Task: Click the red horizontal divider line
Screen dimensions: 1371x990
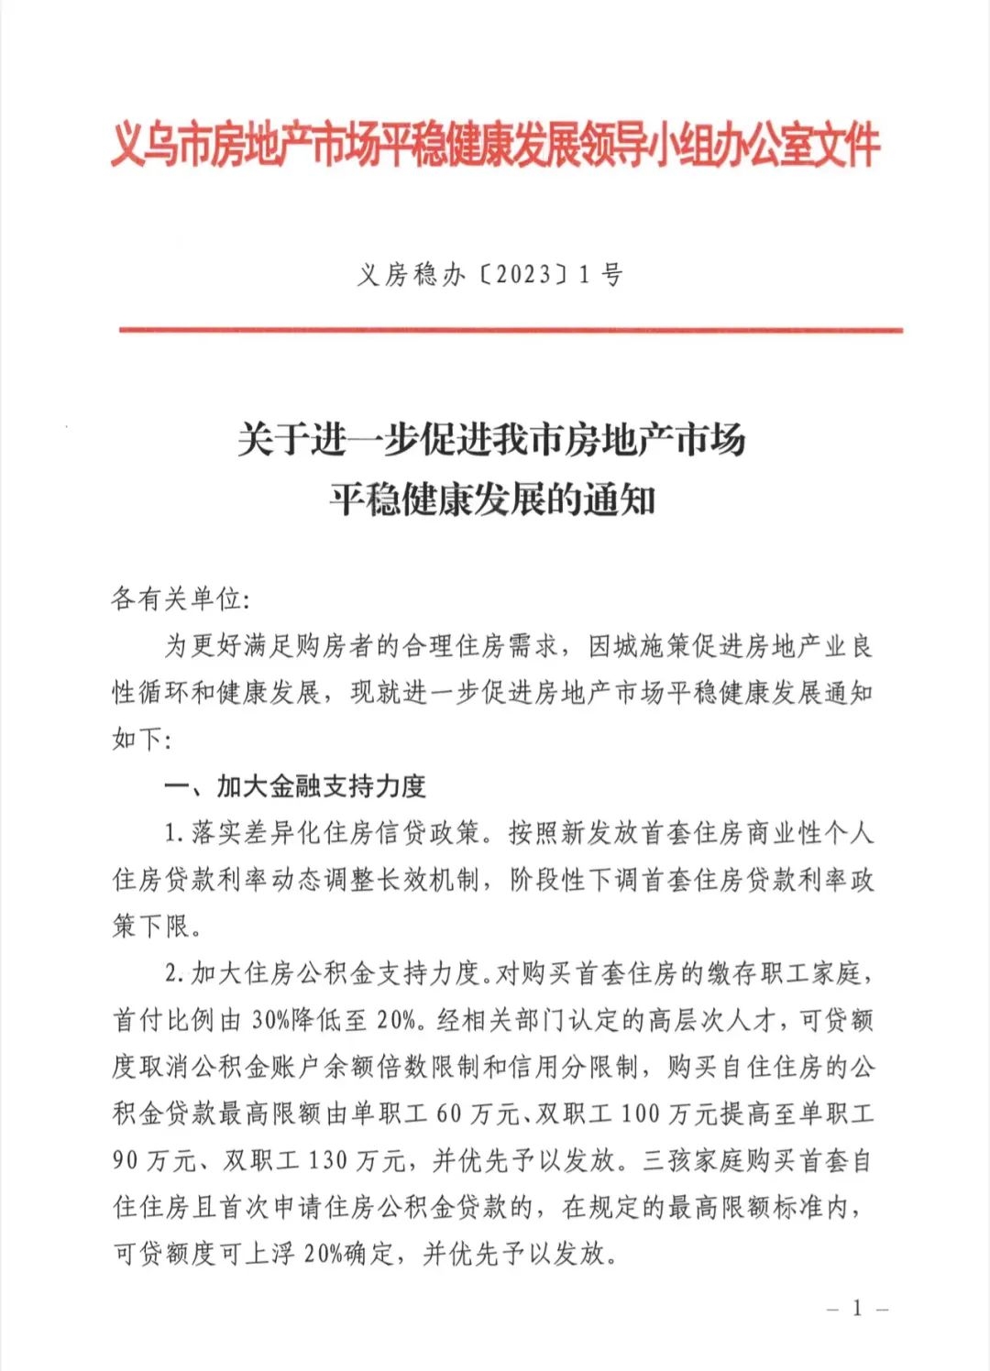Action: pos(511,330)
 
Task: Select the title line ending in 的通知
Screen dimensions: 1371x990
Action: pos(492,500)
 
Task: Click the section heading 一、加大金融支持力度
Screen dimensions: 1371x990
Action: pos(295,785)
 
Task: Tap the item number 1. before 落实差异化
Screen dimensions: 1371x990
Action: pos(175,833)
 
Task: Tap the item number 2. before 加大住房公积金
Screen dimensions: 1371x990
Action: pos(175,973)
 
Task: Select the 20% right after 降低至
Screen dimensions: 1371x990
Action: pos(395,1020)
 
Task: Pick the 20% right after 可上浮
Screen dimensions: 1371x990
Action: pos(324,1253)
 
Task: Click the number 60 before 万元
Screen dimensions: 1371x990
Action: pos(449,1113)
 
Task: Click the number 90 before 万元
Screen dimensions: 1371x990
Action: pos(126,1160)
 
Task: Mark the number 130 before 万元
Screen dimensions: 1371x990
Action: pos(327,1160)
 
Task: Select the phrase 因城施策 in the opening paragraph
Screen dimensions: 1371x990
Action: pos(639,646)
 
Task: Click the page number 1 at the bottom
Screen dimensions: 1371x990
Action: pos(857,1308)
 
